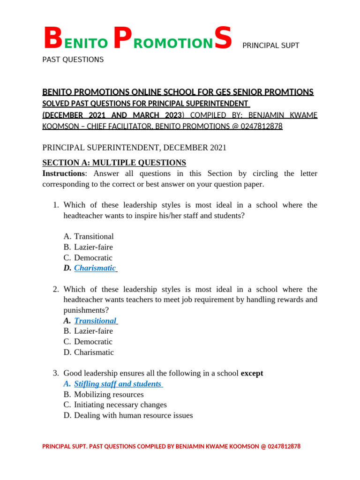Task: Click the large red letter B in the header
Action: coord(52,39)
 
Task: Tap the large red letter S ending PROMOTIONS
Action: coord(223,39)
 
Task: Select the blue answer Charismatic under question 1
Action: coord(95,268)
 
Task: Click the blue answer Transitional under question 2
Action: coord(95,321)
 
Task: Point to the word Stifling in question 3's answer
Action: coord(87,384)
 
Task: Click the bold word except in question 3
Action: coord(252,373)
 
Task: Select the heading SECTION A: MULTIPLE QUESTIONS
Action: coord(114,163)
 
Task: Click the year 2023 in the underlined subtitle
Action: coord(170,115)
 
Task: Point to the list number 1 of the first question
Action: coord(55,205)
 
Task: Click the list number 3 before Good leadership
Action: coord(55,373)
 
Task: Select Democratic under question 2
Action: coord(93,342)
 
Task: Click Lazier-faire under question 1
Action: coord(93,247)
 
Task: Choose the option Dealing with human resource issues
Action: coord(133,415)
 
